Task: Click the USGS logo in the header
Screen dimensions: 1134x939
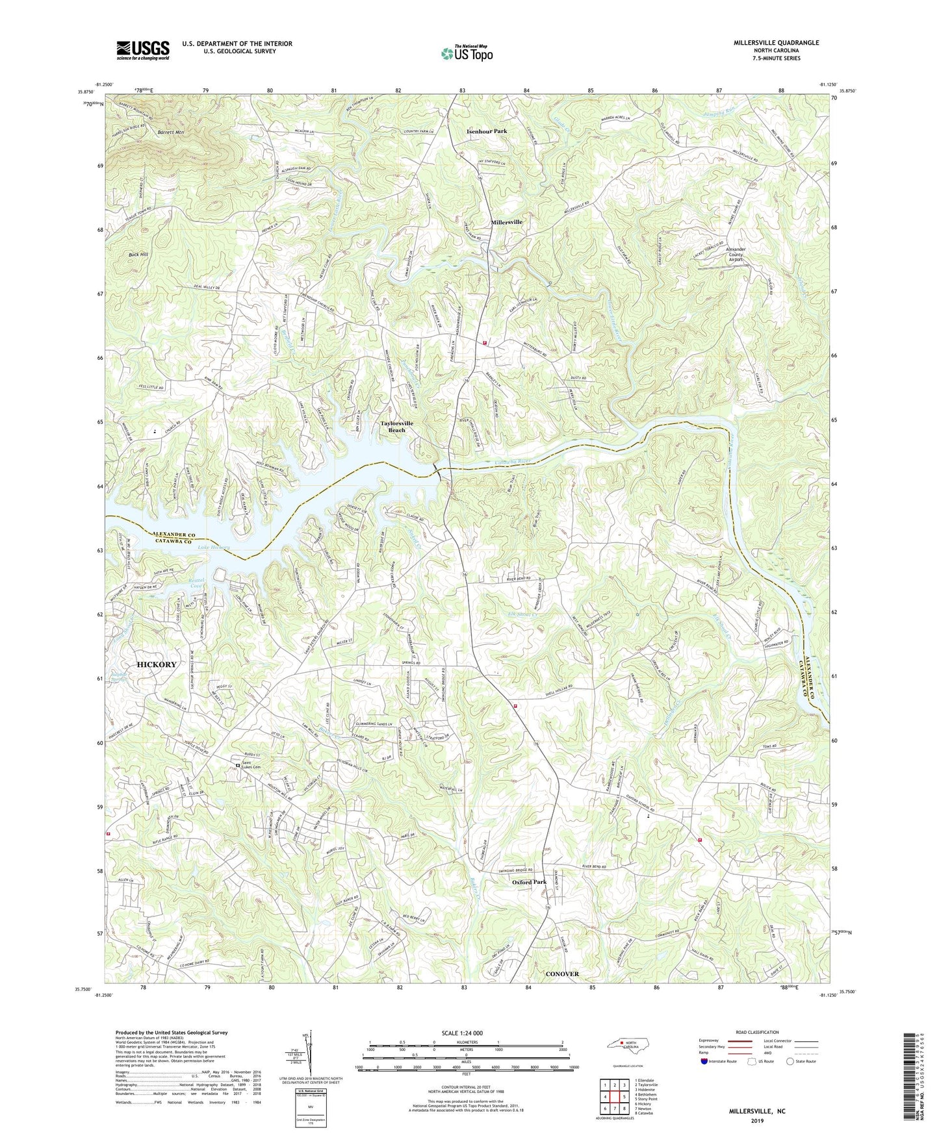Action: coord(143,50)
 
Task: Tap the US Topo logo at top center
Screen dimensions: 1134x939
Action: coord(466,54)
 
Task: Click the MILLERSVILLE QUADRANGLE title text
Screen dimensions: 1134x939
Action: coord(767,43)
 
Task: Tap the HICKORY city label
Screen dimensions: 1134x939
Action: coord(157,664)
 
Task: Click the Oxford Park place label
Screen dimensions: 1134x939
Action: coord(529,882)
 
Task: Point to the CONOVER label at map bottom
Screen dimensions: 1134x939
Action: coord(562,974)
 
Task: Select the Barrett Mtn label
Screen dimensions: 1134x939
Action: coord(170,132)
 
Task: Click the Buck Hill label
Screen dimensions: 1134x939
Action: coord(138,255)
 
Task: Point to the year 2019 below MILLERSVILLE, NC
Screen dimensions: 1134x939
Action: coord(757,1120)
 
